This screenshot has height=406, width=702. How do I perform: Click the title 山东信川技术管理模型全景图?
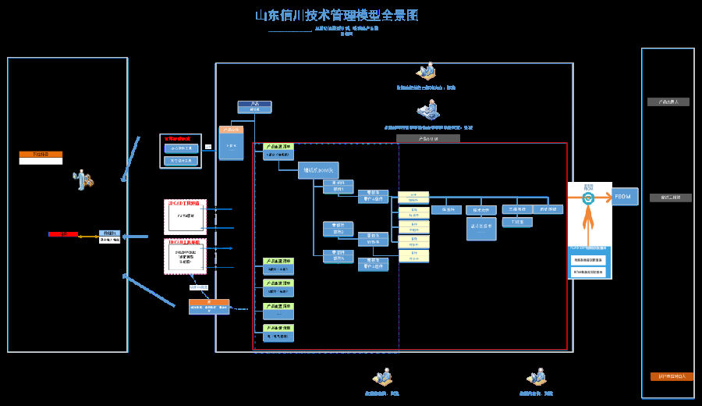pyautogui.click(x=336, y=16)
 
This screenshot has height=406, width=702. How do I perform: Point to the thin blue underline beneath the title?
pyautogui.click(x=289, y=32)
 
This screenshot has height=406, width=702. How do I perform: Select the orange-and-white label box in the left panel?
pyautogui.click(x=41, y=157)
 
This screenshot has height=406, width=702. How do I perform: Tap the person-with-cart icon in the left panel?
pyautogui.click(x=83, y=180)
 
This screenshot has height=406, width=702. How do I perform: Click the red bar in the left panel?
pyautogui.click(x=62, y=234)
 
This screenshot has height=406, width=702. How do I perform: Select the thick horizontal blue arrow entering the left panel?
pyautogui.click(x=136, y=236)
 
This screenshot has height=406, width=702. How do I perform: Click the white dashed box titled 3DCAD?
pyautogui.click(x=185, y=216)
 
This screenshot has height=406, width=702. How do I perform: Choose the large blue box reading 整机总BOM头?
pyautogui.click(x=317, y=171)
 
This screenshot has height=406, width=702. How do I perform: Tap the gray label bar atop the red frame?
pyautogui.click(x=427, y=138)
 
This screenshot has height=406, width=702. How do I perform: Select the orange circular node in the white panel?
pyautogui.click(x=588, y=198)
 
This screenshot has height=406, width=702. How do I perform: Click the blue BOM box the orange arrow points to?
pyautogui.click(x=626, y=196)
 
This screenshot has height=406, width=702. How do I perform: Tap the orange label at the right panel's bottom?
pyautogui.click(x=672, y=376)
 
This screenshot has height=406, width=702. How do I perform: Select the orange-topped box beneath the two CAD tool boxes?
pyautogui.click(x=209, y=306)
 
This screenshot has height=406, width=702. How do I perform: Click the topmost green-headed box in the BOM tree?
pyautogui.click(x=278, y=150)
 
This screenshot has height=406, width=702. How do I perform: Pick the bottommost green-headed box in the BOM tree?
pyautogui.click(x=278, y=333)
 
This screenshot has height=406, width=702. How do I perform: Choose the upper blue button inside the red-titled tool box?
pyautogui.click(x=180, y=148)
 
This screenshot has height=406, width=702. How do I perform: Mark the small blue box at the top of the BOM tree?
pyautogui.click(x=254, y=107)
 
